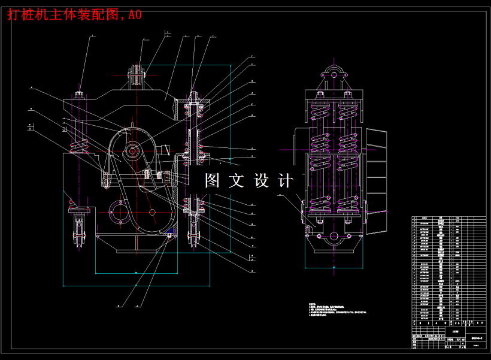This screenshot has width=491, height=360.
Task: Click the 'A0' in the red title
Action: [x=135, y=15]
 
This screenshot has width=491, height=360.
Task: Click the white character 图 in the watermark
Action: [x=213, y=180]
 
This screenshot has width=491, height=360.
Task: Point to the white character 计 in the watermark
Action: [x=286, y=180]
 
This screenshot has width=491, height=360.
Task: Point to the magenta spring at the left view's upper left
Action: [x=79, y=144]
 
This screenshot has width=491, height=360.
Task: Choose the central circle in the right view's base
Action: [x=334, y=237]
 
